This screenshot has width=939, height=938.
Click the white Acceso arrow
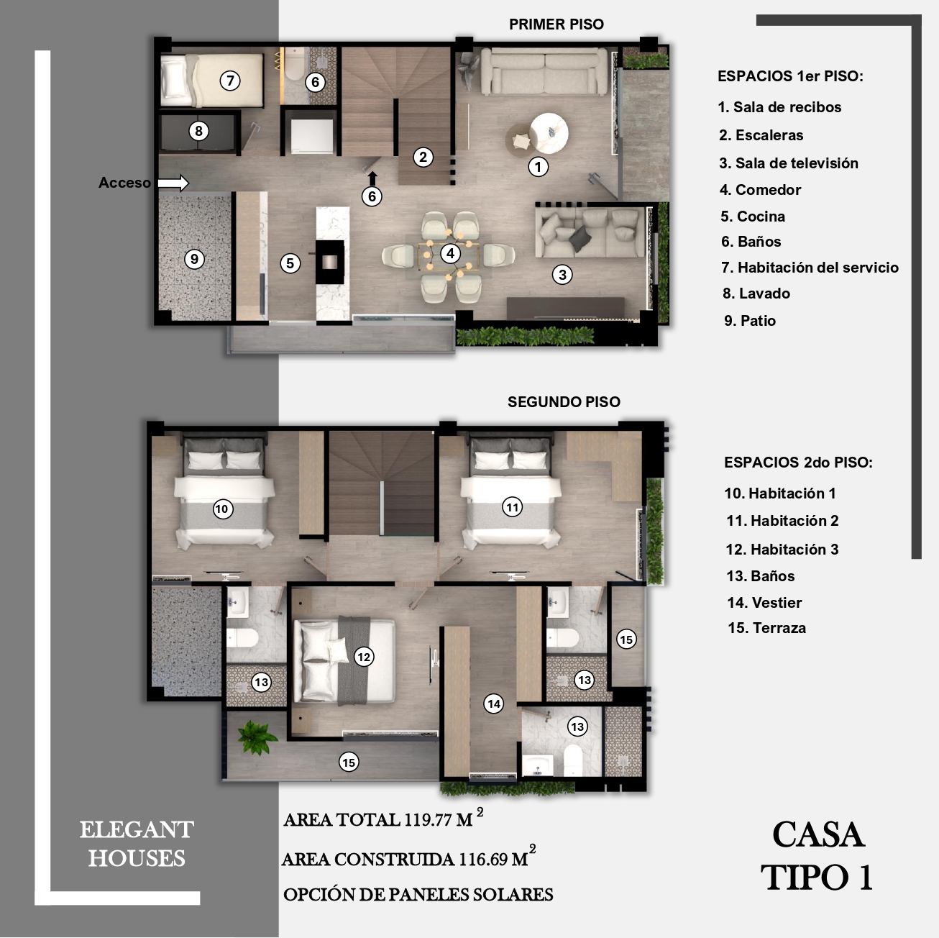coord(173,183)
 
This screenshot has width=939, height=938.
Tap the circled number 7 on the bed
coord(230,81)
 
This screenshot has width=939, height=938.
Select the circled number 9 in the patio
coord(194,259)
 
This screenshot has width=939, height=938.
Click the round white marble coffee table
coord(549,133)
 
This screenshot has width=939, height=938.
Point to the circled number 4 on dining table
coord(450,253)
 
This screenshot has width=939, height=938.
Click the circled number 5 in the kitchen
coord(290,263)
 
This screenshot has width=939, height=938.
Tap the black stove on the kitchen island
coord(330,262)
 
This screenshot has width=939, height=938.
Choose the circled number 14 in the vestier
coord(494,703)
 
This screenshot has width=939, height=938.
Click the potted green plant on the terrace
coord(256,737)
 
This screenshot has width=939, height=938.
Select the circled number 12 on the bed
coord(364,657)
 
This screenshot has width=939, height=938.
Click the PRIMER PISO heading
coord(556,24)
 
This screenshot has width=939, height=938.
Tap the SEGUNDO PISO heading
coord(564,401)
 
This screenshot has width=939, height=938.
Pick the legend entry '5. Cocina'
coord(753,217)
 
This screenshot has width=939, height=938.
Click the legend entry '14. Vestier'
coord(764,603)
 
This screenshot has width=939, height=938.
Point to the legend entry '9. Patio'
coord(750,321)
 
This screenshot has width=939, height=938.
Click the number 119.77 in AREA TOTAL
coord(428,820)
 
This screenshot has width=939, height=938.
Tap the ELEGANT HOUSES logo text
coord(137,844)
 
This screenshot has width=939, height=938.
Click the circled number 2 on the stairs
coord(423,157)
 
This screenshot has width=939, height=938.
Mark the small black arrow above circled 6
coord(372,178)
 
